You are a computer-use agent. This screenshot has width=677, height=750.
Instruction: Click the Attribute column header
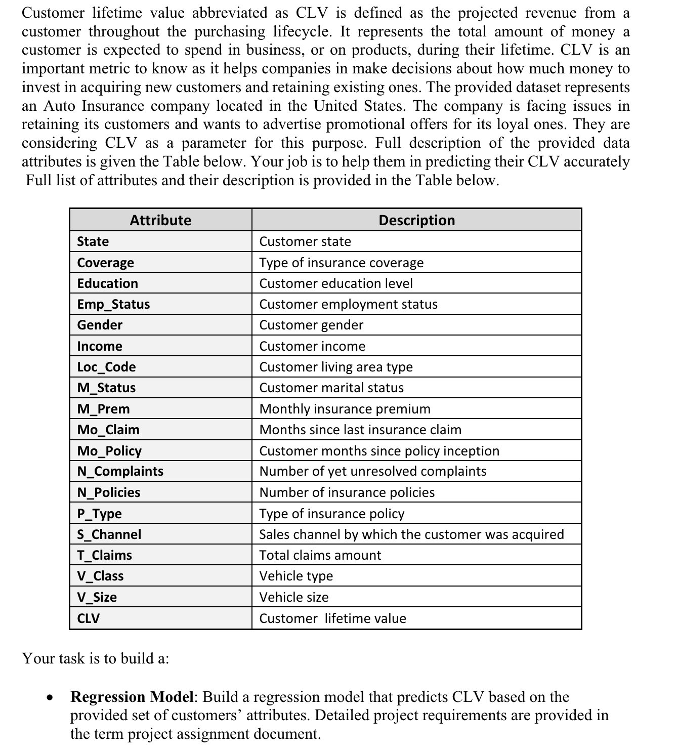(160, 220)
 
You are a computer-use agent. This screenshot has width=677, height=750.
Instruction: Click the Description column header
(416, 220)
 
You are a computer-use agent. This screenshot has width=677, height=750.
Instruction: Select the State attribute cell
(93, 241)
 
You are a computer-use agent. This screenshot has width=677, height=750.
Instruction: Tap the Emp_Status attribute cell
(113, 304)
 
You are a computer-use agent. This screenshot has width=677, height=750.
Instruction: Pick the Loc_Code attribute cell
(106, 367)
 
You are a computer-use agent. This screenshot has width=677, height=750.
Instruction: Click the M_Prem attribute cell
(103, 409)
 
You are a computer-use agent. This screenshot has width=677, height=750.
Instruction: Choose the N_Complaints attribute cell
(120, 471)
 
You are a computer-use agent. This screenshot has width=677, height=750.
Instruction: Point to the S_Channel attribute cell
(109, 534)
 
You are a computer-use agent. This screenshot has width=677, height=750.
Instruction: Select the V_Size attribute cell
(97, 597)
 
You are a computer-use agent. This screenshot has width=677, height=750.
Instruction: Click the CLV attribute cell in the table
(89, 618)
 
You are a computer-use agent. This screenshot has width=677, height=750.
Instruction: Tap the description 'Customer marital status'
(331, 388)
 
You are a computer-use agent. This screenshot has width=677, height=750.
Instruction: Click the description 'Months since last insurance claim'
(360, 430)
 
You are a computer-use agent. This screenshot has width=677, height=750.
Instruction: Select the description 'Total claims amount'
(320, 555)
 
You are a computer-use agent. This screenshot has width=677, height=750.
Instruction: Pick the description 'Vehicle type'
(296, 576)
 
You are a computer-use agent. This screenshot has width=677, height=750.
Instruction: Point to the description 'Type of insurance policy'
(332, 514)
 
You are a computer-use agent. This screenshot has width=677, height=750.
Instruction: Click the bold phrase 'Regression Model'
(132, 697)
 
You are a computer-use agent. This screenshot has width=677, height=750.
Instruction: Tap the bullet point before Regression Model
(50, 697)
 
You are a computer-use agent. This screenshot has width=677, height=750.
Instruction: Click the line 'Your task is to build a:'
(96, 658)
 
